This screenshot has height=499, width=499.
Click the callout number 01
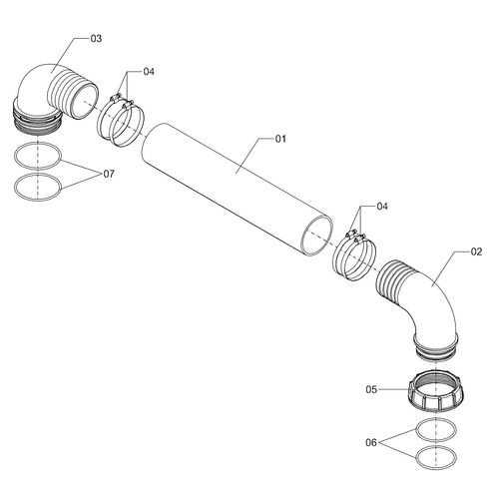pyautogui.click(x=280, y=139)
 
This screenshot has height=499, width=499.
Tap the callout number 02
pyautogui.click(x=476, y=251)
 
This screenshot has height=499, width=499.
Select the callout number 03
pyautogui.click(x=96, y=39)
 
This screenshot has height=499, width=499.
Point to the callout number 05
pyautogui.click(x=371, y=389)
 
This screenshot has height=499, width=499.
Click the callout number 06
pyautogui.click(x=371, y=442)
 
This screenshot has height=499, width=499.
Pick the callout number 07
pyautogui.click(x=109, y=174)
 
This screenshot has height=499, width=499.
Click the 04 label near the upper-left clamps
pyautogui.click(x=149, y=72)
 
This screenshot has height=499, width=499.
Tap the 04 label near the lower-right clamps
pyautogui.click(x=382, y=207)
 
